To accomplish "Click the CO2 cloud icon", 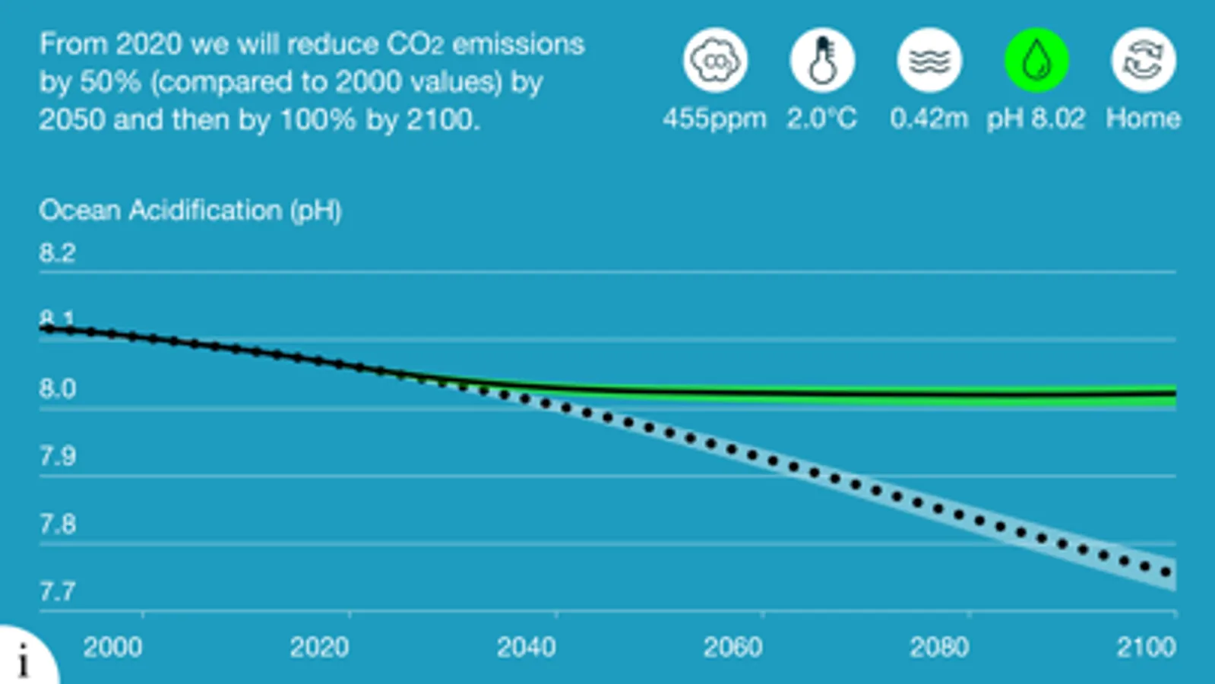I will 715,60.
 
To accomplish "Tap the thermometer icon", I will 822,60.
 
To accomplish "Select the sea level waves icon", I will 929,60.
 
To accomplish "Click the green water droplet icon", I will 1036,60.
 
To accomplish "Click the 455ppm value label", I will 714,119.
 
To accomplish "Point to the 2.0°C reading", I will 821,119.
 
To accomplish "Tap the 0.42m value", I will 929,119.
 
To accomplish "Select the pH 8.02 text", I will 1036,119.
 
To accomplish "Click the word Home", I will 1143,119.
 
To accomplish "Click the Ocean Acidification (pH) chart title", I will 190,210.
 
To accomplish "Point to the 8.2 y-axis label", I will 57,252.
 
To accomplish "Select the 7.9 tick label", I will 57,456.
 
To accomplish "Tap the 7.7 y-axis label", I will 57,591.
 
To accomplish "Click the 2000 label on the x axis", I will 112,648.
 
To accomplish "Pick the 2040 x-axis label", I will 526,648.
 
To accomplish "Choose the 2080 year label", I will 939,648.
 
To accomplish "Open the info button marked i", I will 24,660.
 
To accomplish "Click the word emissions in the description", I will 518,44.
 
